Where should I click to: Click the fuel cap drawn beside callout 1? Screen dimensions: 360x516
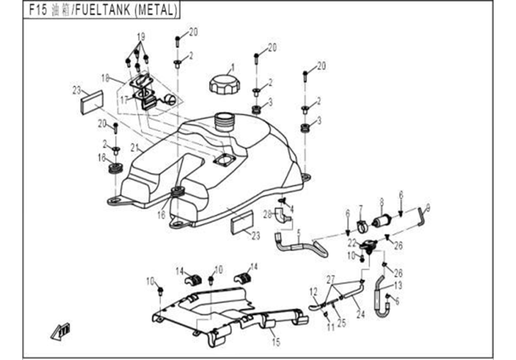[223, 83]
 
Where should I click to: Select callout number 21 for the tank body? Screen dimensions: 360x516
[134, 148]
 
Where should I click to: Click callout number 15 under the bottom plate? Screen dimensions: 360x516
[276, 343]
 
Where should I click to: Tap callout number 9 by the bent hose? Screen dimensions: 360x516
[427, 208]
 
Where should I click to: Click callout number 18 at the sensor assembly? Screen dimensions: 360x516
[105, 77]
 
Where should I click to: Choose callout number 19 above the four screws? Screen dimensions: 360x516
[140, 37]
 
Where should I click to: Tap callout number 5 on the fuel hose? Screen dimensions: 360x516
[298, 231]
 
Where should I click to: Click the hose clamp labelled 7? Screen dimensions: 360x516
[362, 227]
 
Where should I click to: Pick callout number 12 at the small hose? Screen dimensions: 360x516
[313, 291]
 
